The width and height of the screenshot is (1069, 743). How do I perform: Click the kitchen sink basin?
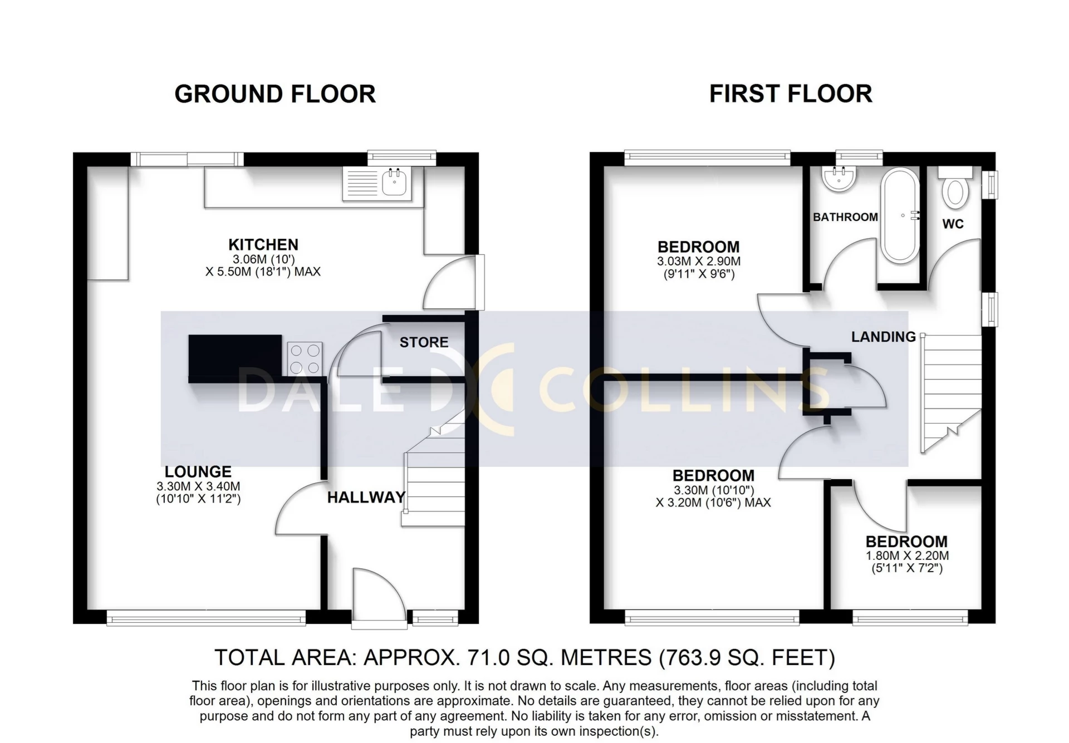(x=395, y=183)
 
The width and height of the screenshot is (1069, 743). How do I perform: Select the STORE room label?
(x=424, y=342)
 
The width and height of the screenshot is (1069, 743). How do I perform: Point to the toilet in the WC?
(x=955, y=192)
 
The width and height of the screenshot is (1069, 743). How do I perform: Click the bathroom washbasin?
(x=838, y=179)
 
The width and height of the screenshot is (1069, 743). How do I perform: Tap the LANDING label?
(x=883, y=337)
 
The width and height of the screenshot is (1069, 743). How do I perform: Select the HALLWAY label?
(x=366, y=498)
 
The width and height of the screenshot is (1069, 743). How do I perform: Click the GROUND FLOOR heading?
(x=275, y=94)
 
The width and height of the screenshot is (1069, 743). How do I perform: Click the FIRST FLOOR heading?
(x=790, y=94)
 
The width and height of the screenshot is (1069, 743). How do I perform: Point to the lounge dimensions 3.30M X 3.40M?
(x=198, y=486)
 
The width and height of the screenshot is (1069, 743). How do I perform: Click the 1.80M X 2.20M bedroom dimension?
(x=907, y=555)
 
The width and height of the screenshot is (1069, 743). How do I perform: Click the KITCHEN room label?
(x=263, y=245)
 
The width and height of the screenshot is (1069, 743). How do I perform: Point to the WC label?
(x=953, y=224)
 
